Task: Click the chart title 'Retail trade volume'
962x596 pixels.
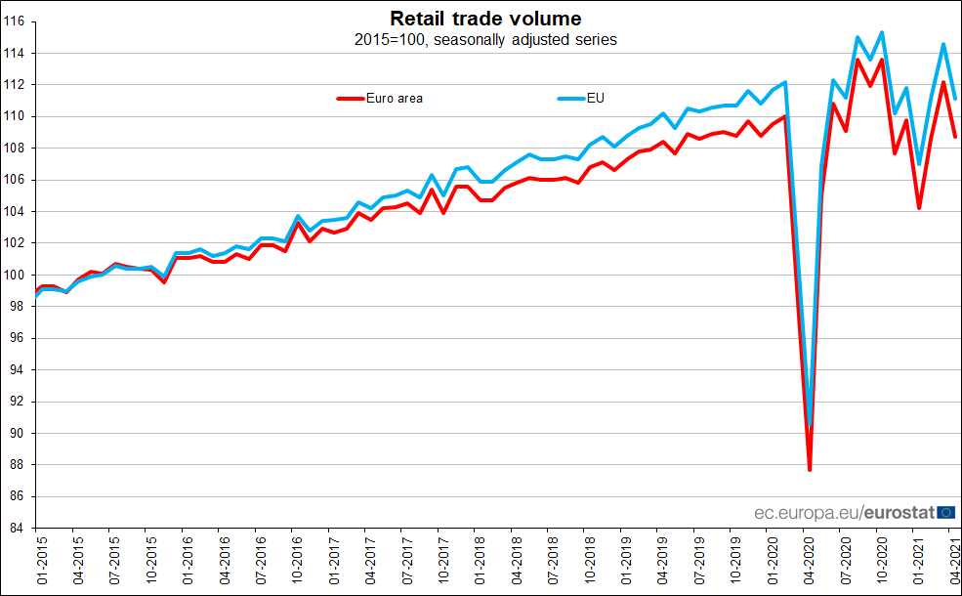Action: (485, 19)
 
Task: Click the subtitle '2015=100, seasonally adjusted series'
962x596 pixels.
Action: (485, 40)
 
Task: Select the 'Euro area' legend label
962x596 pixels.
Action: (394, 98)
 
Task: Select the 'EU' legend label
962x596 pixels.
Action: (595, 98)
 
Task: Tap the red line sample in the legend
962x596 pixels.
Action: (349, 98)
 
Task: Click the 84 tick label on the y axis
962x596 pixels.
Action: (23, 529)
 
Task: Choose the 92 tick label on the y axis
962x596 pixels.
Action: (23, 402)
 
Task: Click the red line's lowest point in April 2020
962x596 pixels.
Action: (810, 470)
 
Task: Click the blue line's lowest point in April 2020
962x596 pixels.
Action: (811, 425)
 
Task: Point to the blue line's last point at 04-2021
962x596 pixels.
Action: (955, 99)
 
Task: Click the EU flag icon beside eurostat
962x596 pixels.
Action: (945, 512)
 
